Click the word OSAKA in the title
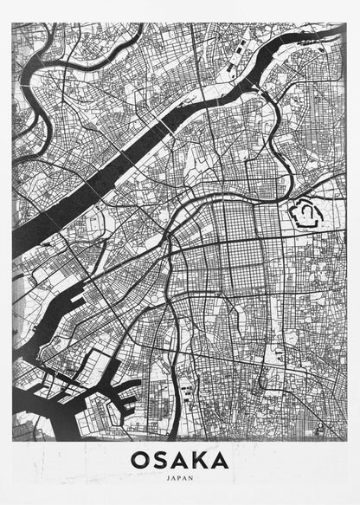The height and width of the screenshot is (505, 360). click(180, 459)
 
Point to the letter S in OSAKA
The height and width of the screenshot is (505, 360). click(162, 459)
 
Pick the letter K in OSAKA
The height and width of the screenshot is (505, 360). click(200, 459)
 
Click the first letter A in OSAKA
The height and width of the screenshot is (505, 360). click(180, 459)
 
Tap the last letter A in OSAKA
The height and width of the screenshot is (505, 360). click(220, 459)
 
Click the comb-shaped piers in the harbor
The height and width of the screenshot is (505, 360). click(125, 394)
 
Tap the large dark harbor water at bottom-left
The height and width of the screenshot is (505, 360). click(35, 416)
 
